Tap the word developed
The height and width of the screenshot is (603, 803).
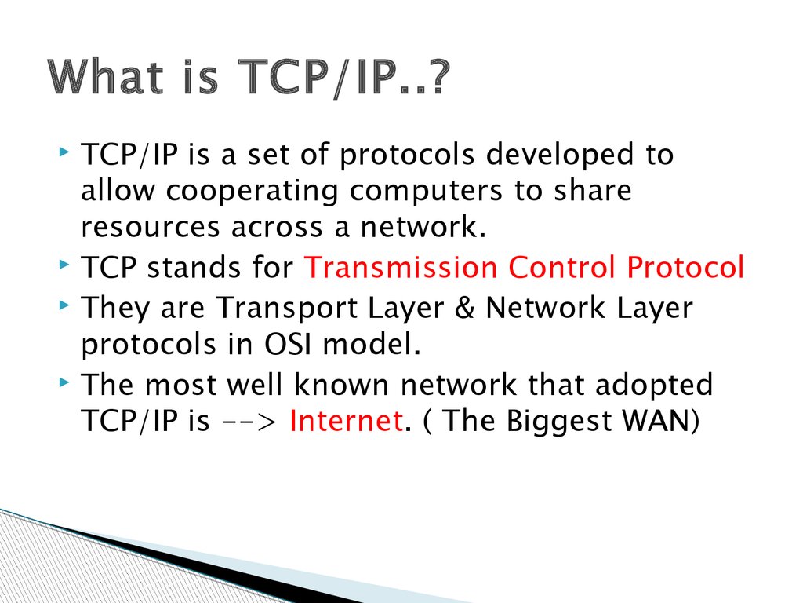[560, 155]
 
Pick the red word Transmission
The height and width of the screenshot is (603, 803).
[400, 269]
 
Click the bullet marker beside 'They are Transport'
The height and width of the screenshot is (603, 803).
[63, 304]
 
